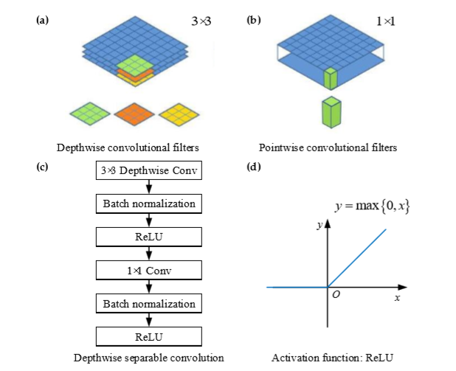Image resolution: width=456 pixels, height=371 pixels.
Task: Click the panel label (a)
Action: point(42,20)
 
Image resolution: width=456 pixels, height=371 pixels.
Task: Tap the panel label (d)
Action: point(251,167)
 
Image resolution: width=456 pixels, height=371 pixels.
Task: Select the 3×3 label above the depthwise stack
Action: point(201,22)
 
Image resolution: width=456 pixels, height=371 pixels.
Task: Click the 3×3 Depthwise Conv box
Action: point(149,171)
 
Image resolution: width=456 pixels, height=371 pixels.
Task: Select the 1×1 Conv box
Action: point(149,270)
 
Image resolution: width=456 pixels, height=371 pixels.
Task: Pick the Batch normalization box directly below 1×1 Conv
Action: point(149,303)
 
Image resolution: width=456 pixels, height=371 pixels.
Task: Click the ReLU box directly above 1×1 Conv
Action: point(149,237)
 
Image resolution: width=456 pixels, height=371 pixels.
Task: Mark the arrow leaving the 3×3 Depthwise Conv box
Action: point(149,187)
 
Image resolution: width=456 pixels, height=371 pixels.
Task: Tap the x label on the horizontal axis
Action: point(397,297)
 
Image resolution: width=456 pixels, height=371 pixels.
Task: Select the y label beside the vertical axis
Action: point(319,226)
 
